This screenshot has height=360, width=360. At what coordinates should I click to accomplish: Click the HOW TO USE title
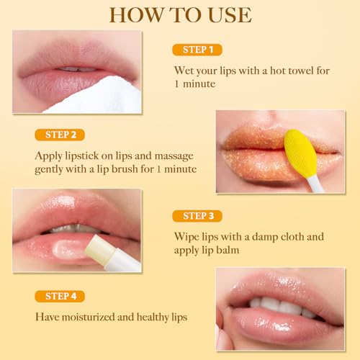[x=179, y=15]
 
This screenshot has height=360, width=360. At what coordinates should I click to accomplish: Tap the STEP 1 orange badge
[x=197, y=50]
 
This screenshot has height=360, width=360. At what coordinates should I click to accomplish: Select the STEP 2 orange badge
[x=60, y=134]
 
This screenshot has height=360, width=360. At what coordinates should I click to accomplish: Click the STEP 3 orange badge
[x=197, y=216]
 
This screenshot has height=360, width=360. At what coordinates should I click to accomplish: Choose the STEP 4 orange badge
[x=60, y=296]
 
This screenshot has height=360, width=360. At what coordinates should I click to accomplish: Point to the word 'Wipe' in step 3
[x=188, y=236]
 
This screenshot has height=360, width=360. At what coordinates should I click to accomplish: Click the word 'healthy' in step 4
[x=161, y=316]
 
